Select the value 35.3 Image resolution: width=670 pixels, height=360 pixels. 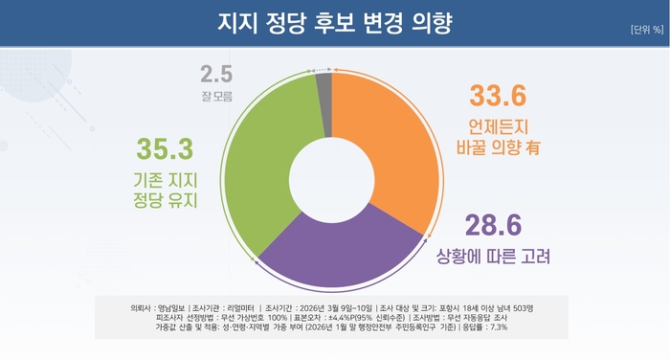point(166,148)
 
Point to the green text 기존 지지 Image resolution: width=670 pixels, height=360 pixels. point(164,179)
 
